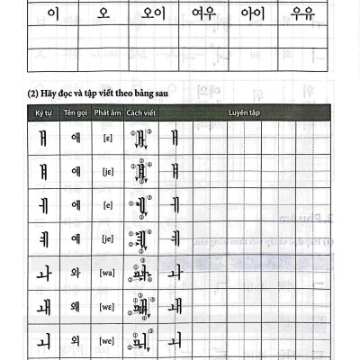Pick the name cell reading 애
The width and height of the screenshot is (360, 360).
coord(75,137)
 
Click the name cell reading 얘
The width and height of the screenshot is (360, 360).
coord(75,171)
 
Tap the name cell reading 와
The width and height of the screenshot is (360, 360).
coord(75,272)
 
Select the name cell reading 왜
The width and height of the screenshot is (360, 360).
coord(75,306)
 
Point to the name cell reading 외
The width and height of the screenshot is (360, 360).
coord(75,339)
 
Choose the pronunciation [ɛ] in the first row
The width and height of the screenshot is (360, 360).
coord(106,138)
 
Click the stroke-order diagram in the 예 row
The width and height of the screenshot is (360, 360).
coord(139,238)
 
